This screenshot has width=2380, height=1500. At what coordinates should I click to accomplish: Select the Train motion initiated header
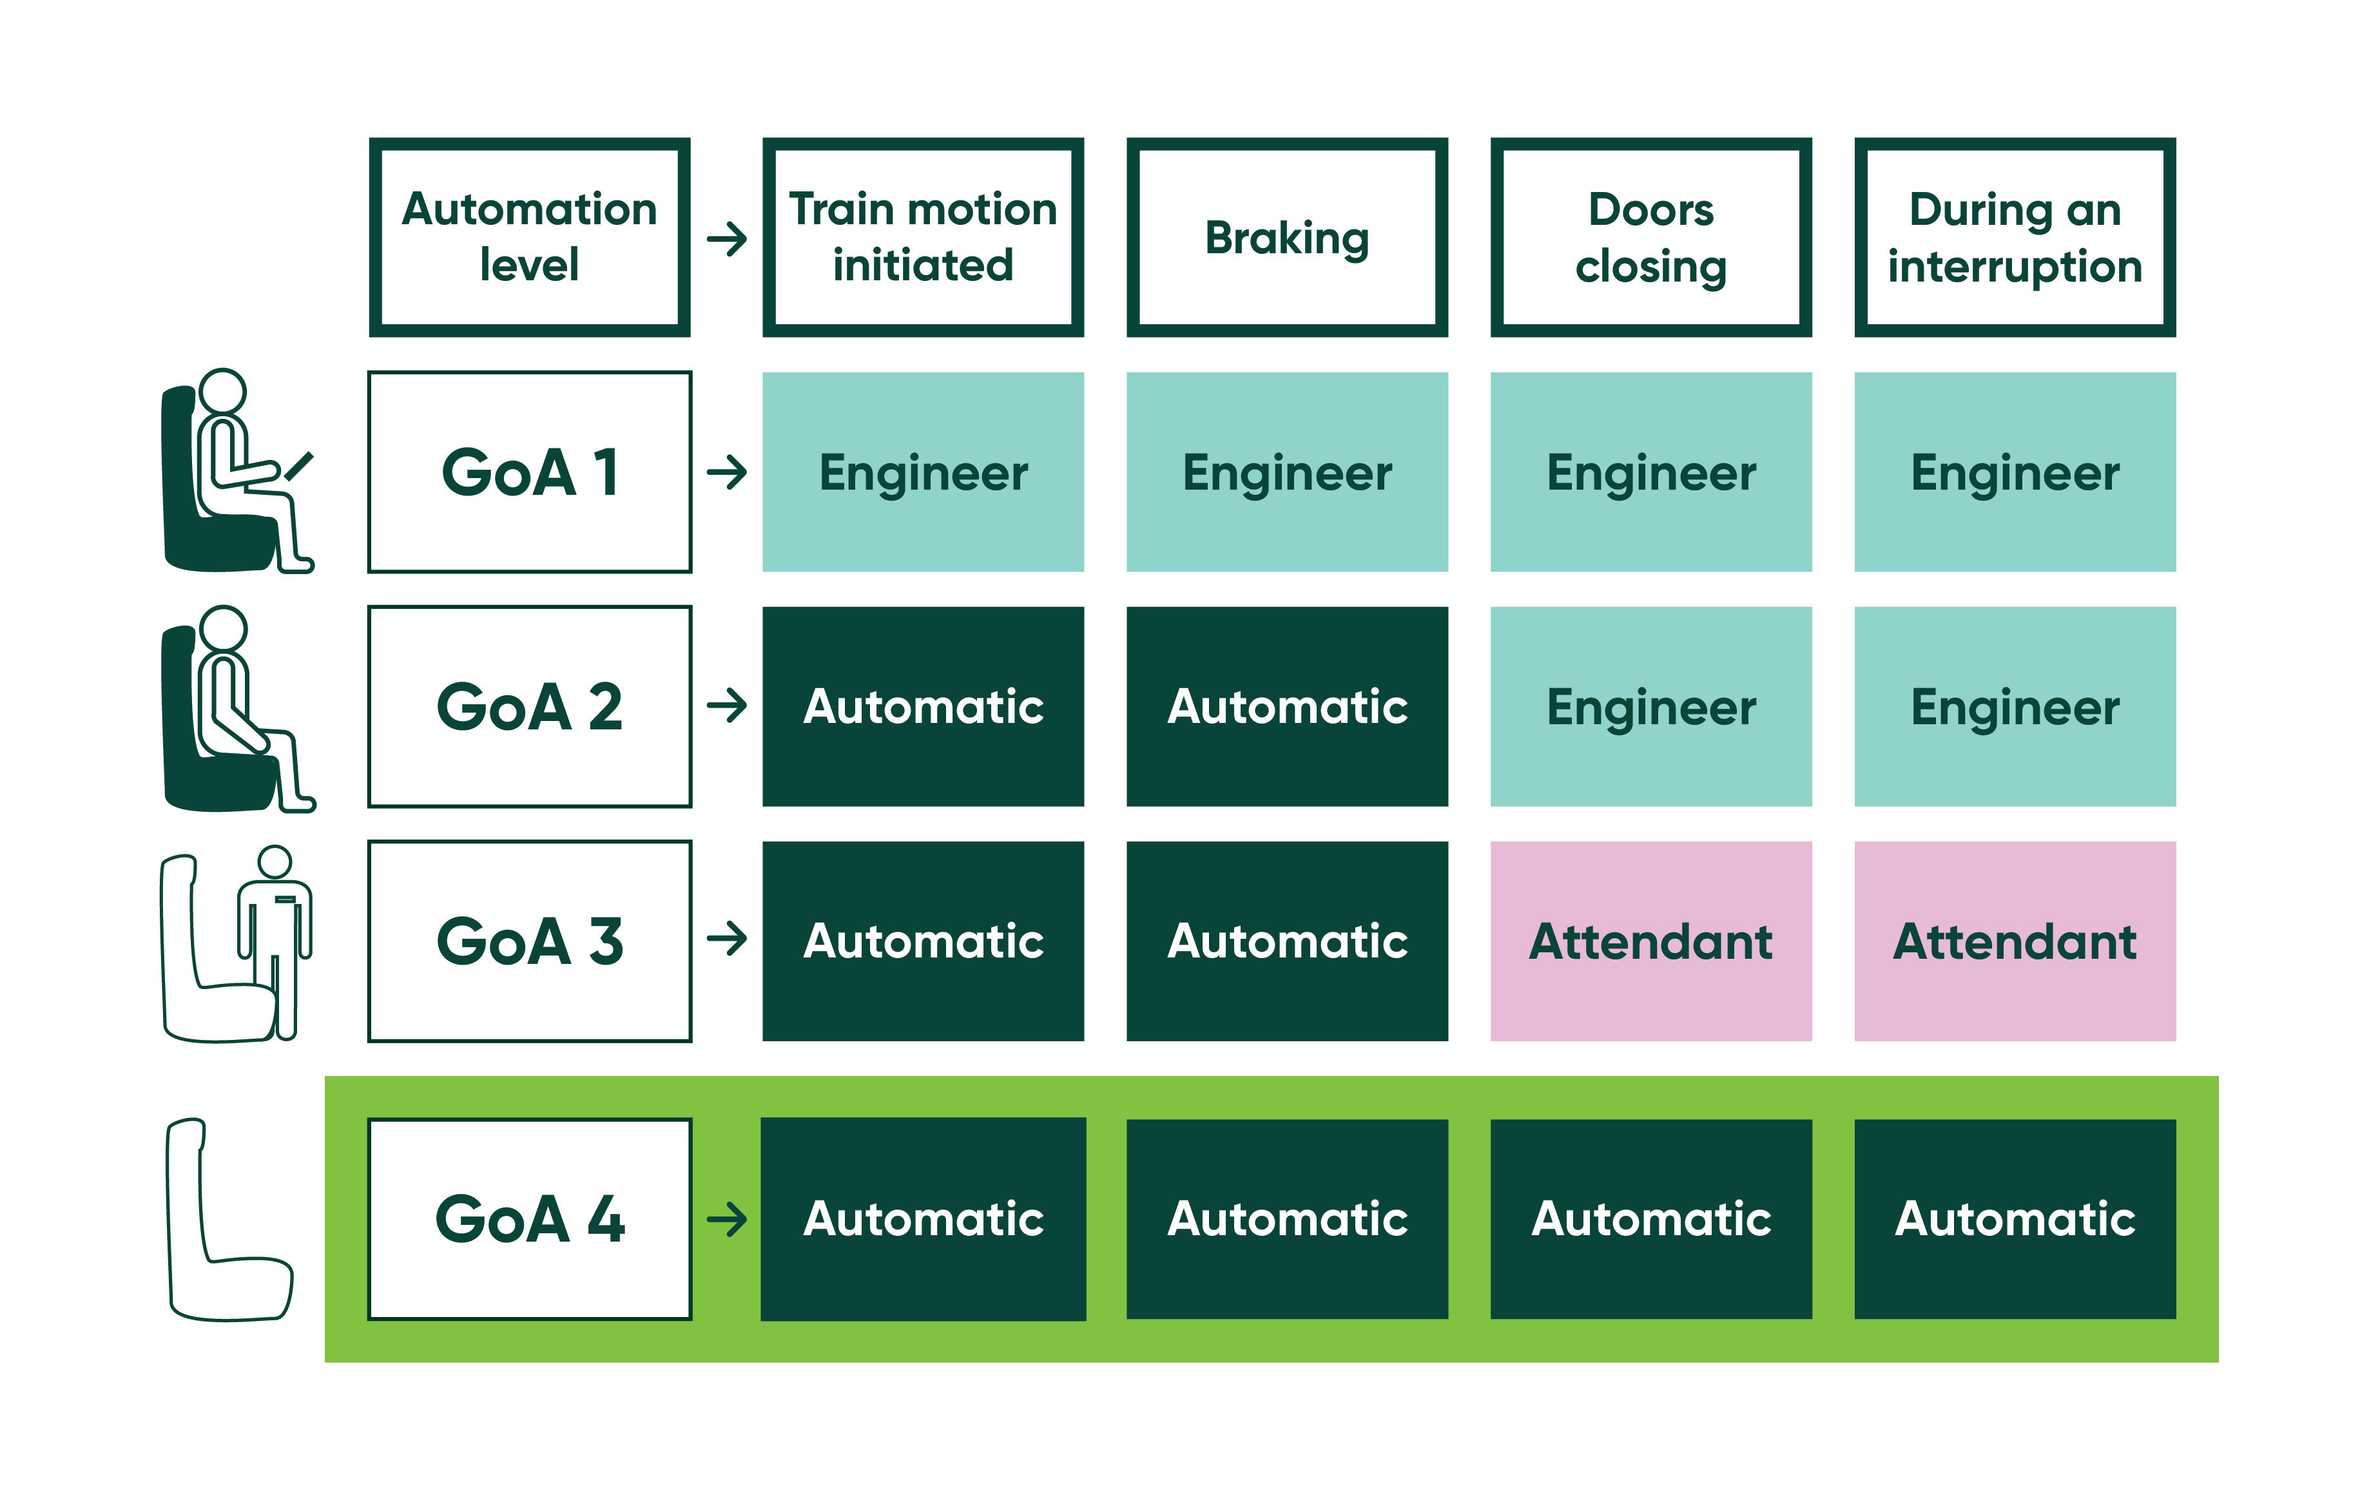(x=922, y=237)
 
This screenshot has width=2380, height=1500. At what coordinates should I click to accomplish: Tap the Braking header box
(x=1287, y=237)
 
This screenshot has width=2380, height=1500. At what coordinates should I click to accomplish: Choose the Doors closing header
(x=1650, y=237)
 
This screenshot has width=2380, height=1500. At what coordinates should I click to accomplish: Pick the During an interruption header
(x=2015, y=237)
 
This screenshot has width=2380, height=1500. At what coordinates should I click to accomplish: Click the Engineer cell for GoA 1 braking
(x=1287, y=472)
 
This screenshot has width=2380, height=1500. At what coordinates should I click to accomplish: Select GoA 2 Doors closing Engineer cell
(x=1650, y=707)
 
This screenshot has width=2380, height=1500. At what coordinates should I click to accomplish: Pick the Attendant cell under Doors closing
(x=1650, y=941)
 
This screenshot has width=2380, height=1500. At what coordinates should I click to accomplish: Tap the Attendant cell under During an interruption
(x=2015, y=941)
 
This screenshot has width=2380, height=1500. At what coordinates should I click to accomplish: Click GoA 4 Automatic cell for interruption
(x=2015, y=1218)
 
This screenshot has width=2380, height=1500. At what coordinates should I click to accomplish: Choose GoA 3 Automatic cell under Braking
(x=1287, y=941)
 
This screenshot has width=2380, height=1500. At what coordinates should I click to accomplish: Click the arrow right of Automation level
(x=726, y=238)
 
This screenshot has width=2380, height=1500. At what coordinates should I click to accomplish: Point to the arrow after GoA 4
(x=726, y=1218)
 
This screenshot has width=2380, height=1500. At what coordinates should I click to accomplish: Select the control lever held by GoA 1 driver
(x=300, y=465)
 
